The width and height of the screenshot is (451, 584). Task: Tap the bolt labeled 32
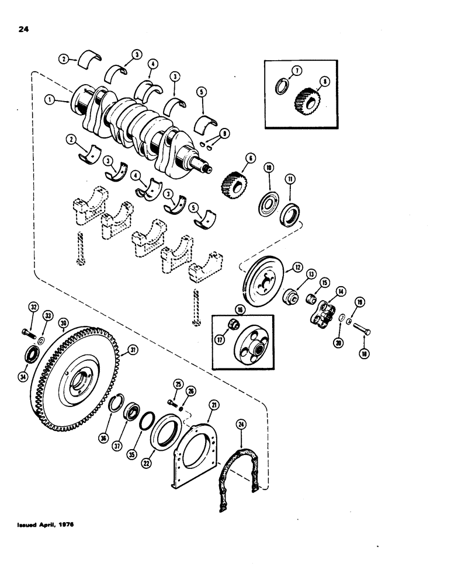[x=26, y=335]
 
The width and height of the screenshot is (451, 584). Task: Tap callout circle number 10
[x=269, y=167]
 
